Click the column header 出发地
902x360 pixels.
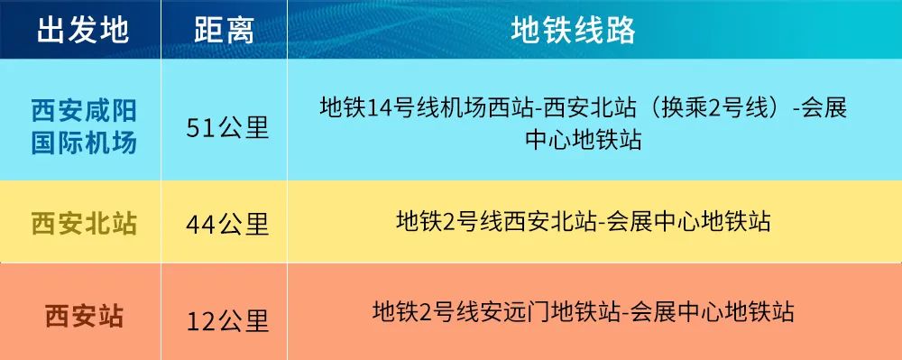click(x=83, y=31)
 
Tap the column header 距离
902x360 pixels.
click(x=225, y=31)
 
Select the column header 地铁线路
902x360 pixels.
click(x=573, y=31)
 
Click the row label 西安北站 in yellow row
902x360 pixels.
click(x=84, y=224)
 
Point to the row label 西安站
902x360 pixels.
click(x=85, y=317)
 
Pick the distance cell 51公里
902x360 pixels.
click(x=227, y=128)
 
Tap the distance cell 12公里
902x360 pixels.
click(x=227, y=321)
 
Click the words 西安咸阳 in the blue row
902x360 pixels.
click(x=84, y=110)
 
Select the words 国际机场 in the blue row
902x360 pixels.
click(x=84, y=143)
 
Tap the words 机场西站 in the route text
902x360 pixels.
click(x=458, y=108)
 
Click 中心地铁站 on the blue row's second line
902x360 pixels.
click(x=584, y=141)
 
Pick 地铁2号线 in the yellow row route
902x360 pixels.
click(x=450, y=221)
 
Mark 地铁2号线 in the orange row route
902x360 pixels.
click(x=427, y=312)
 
